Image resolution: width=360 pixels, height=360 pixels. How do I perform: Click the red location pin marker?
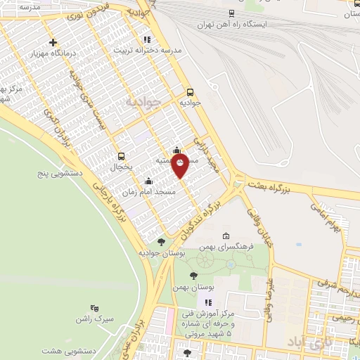[180, 165]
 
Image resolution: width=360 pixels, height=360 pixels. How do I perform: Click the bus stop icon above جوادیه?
[190, 92]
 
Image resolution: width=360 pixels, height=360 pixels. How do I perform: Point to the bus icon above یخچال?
[121, 156]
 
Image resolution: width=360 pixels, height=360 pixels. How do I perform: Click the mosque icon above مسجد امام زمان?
[148, 181]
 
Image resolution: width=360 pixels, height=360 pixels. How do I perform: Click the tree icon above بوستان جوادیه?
[161, 242]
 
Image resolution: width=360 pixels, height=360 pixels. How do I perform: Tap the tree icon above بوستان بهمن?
[193, 276]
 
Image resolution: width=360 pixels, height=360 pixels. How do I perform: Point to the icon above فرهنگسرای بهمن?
[225, 236]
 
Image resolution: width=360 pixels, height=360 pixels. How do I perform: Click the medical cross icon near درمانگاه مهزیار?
[53, 42]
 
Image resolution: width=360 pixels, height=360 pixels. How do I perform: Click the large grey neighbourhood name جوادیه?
[143, 103]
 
